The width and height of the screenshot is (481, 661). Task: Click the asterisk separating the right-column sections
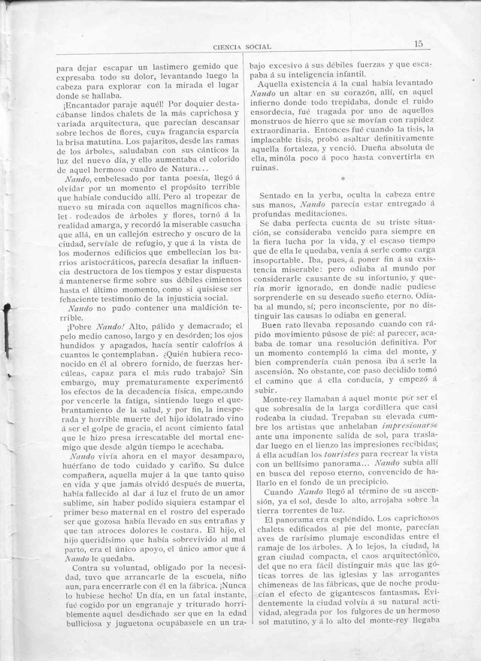click(x=342, y=180)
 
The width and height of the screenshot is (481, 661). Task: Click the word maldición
click(x=186, y=328)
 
